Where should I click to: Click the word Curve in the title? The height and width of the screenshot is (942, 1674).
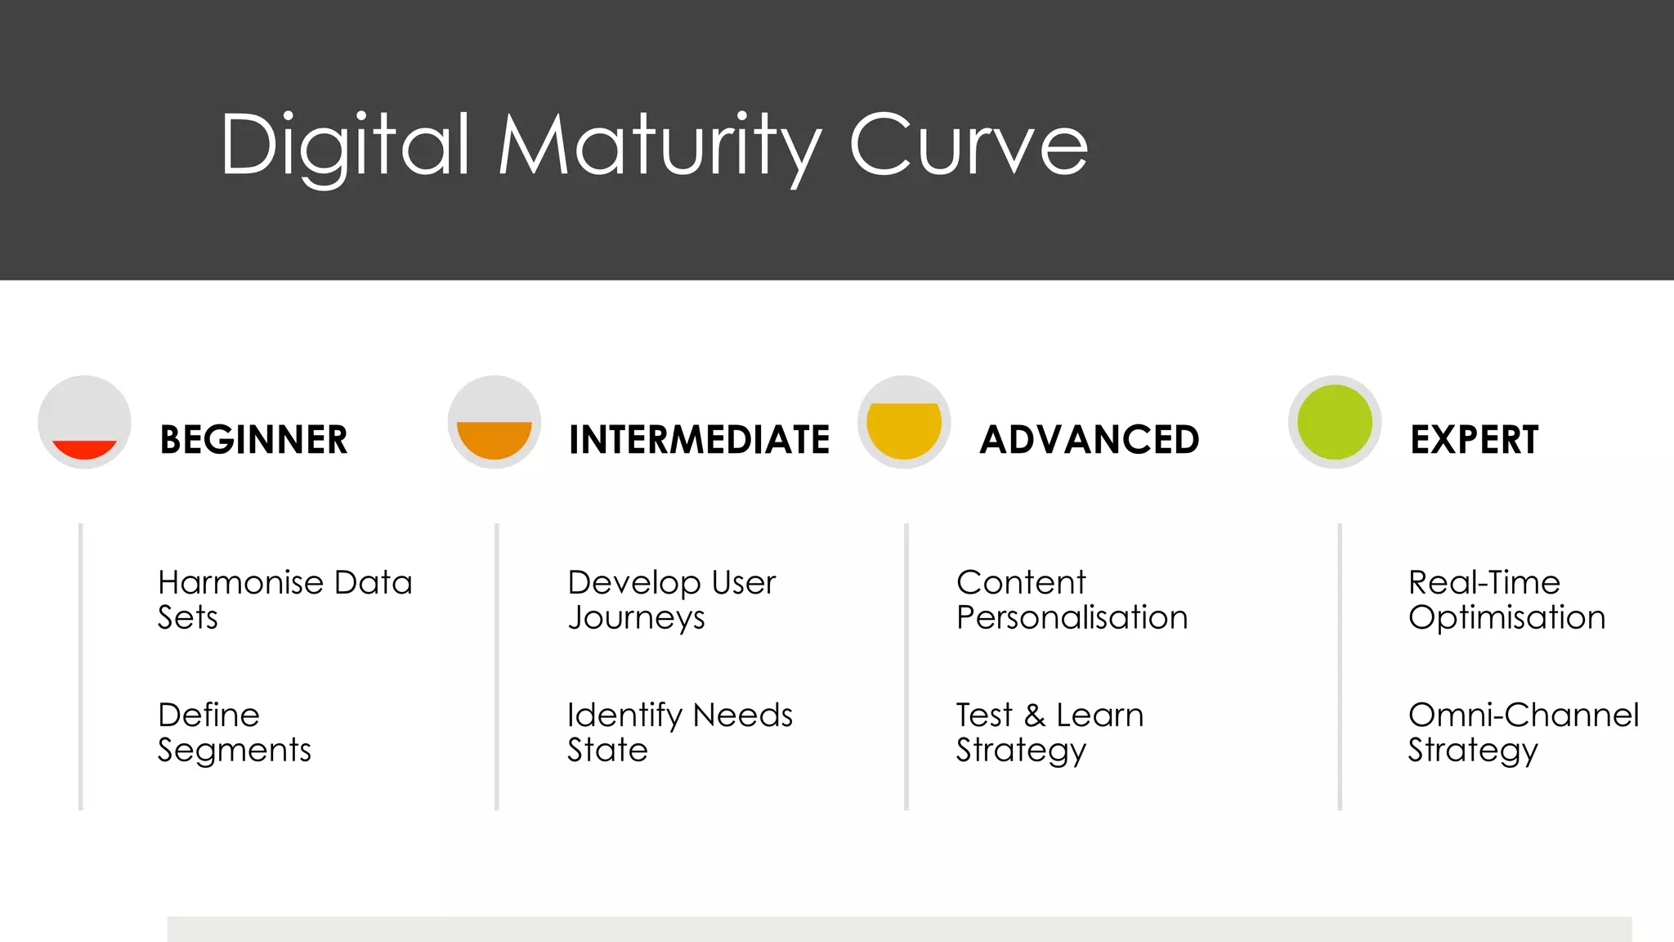[969, 145]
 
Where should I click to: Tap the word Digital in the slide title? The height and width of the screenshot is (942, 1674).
[346, 145]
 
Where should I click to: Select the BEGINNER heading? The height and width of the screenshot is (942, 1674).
[253, 440]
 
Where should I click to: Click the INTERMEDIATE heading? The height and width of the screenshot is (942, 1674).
[699, 440]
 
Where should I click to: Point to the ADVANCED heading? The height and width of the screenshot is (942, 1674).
[1090, 440]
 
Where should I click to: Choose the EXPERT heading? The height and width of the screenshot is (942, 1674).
[1474, 440]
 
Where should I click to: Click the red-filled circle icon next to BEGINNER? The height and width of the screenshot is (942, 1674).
[85, 423]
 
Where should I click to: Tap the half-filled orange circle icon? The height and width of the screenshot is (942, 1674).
[495, 423]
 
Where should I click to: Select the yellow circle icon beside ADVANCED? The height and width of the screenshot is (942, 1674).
[904, 423]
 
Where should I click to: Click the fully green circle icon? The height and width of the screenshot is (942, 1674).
[1335, 423]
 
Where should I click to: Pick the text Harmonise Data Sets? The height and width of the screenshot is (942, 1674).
[284, 599]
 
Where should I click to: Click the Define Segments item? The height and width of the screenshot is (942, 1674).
[235, 732]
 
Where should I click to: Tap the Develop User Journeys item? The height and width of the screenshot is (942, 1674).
[671, 599]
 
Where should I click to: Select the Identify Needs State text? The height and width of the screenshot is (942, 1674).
[679, 732]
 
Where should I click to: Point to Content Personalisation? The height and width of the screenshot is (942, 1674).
[1072, 599]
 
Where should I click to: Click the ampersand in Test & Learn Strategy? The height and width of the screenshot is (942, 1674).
[1035, 715]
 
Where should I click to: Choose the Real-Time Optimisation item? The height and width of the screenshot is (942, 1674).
[1506, 599]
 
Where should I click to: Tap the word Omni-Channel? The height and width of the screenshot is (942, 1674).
[1523, 715]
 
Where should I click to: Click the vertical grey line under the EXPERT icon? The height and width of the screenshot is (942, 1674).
[1340, 666]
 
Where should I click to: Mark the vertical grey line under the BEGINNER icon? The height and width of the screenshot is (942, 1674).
[81, 666]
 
